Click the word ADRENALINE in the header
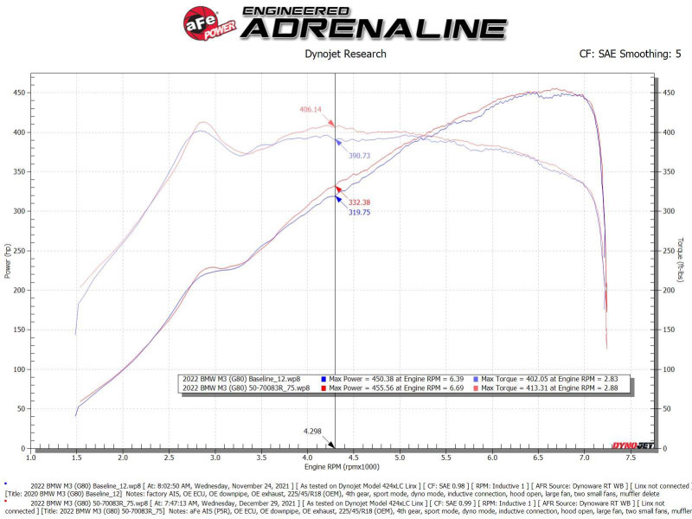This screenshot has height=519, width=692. click(373, 28)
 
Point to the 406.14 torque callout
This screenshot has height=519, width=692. click(311, 110)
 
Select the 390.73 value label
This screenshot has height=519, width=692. click(359, 155)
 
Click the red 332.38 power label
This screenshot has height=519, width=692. click(361, 202)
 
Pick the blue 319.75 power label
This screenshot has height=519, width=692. click(361, 212)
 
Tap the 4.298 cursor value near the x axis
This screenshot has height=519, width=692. click(312, 430)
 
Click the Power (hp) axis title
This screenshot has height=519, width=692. click(8, 259)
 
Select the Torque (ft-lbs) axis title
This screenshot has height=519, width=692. click(681, 259)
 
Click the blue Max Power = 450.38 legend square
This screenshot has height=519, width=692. click(323, 379)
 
